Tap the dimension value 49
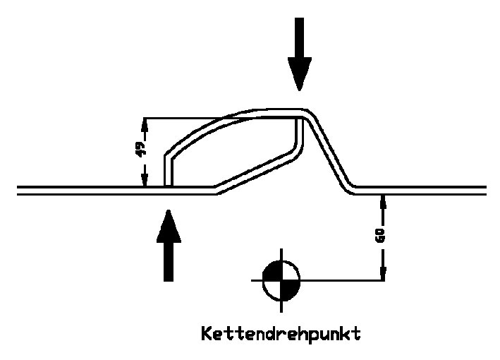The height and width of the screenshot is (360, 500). (140, 149)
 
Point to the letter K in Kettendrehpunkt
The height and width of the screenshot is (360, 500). (207, 332)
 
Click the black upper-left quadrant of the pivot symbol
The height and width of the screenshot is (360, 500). (273, 272)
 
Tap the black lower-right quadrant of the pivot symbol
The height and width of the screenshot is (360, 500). (289, 288)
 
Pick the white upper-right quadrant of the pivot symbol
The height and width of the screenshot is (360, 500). (289, 272)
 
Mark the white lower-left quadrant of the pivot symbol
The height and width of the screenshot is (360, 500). (273, 288)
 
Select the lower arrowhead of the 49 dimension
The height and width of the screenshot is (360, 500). (145, 180)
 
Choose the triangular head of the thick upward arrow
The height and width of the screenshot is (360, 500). (169, 223)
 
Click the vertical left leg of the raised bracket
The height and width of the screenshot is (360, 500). (168, 169)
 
